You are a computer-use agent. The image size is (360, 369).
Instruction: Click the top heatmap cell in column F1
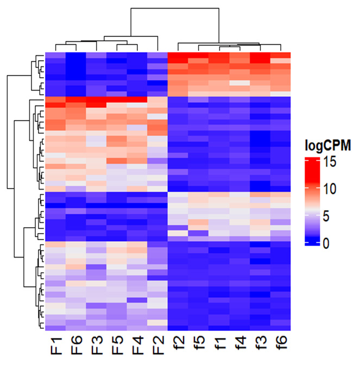coord(55,55)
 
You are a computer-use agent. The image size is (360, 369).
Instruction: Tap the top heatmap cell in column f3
coord(260,55)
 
